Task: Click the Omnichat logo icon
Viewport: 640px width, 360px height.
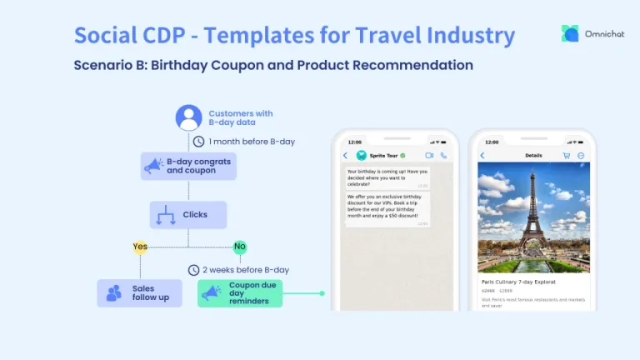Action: click(x=570, y=33)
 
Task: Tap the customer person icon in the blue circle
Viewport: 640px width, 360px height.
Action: click(x=189, y=117)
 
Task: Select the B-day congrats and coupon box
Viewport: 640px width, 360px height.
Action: click(x=188, y=166)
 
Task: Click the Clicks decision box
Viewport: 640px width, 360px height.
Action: click(x=188, y=215)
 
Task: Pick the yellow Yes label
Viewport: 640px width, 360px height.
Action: click(x=141, y=247)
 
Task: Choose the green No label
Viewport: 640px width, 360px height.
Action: click(x=240, y=247)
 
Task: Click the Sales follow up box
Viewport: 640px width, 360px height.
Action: click(x=139, y=293)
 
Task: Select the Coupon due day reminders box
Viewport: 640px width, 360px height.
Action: click(x=240, y=293)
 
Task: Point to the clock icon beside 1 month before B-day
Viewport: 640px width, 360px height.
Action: click(x=198, y=142)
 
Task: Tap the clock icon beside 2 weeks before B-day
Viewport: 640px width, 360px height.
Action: click(x=193, y=270)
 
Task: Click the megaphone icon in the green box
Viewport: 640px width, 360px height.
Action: click(x=210, y=293)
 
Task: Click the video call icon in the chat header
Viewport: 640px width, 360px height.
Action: click(x=430, y=156)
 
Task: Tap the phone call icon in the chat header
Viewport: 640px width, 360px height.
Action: click(x=443, y=156)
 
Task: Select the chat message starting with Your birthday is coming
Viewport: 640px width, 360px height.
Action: click(x=387, y=177)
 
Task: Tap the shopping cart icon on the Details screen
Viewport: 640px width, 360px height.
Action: click(x=567, y=156)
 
